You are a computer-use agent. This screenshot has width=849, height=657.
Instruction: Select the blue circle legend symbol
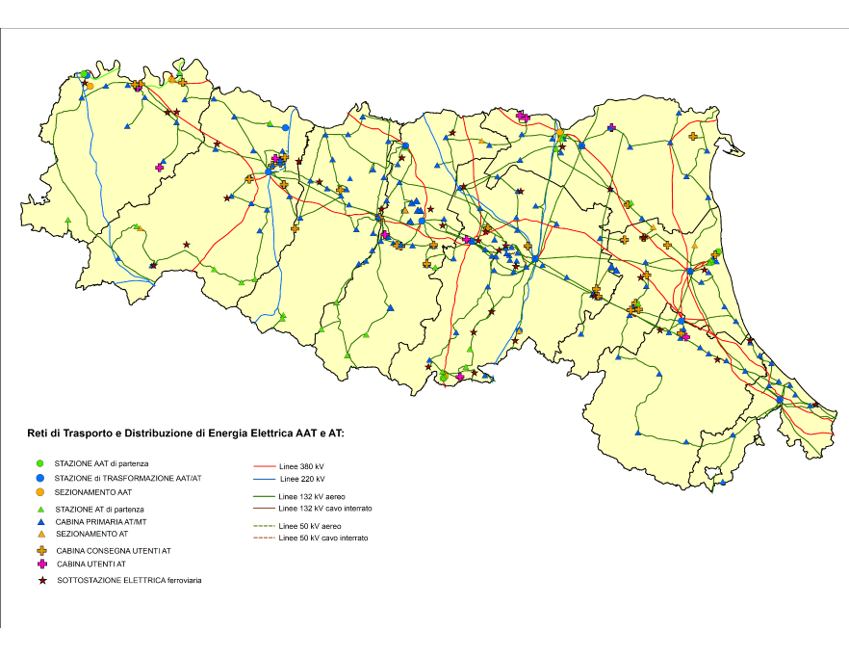pyautogui.click(x=40, y=478)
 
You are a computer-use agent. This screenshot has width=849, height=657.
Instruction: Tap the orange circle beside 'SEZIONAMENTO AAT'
pyautogui.click(x=40, y=491)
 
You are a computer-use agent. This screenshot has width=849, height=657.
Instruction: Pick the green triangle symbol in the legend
pyautogui.click(x=40, y=509)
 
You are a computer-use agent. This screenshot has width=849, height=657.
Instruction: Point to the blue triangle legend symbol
pyautogui.click(x=40, y=521)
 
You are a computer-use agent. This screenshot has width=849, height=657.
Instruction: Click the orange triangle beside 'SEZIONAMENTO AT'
pyautogui.click(x=40, y=534)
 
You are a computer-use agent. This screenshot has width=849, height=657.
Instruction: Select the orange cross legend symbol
pyautogui.click(x=40, y=550)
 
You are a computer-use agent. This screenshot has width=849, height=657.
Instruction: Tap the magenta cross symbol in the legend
pyautogui.click(x=40, y=564)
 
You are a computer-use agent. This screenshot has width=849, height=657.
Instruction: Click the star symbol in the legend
pyautogui.click(x=40, y=580)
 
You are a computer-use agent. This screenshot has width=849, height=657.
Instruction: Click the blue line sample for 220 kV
pyautogui.click(x=263, y=479)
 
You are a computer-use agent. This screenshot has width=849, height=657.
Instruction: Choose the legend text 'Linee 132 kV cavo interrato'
pyautogui.click(x=324, y=508)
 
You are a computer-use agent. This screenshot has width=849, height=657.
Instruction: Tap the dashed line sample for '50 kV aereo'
pyautogui.click(x=263, y=526)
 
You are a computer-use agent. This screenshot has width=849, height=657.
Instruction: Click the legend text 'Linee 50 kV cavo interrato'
pyautogui.click(x=322, y=538)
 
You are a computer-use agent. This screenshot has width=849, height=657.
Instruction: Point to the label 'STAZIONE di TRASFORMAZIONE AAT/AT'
pyautogui.click(x=128, y=479)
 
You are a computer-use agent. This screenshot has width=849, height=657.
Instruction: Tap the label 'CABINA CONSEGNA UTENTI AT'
pyautogui.click(x=114, y=551)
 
